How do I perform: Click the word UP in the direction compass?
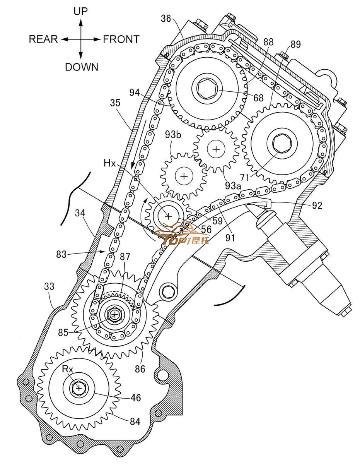coord(81,11)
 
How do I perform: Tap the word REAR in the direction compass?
coord(43,39)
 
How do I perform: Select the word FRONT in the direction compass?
coord(121,39)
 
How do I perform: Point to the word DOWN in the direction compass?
coord(82,67)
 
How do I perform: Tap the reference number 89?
coord(295,45)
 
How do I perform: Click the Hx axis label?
coord(109,163)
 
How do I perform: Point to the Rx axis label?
coord(68,369)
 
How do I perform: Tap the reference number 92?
coord(317,206)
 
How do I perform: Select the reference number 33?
coord(49,287)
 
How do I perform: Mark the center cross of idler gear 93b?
coord(184,176)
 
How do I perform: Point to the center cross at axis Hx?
coord(168,216)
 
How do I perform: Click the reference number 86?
coord(140,369)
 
